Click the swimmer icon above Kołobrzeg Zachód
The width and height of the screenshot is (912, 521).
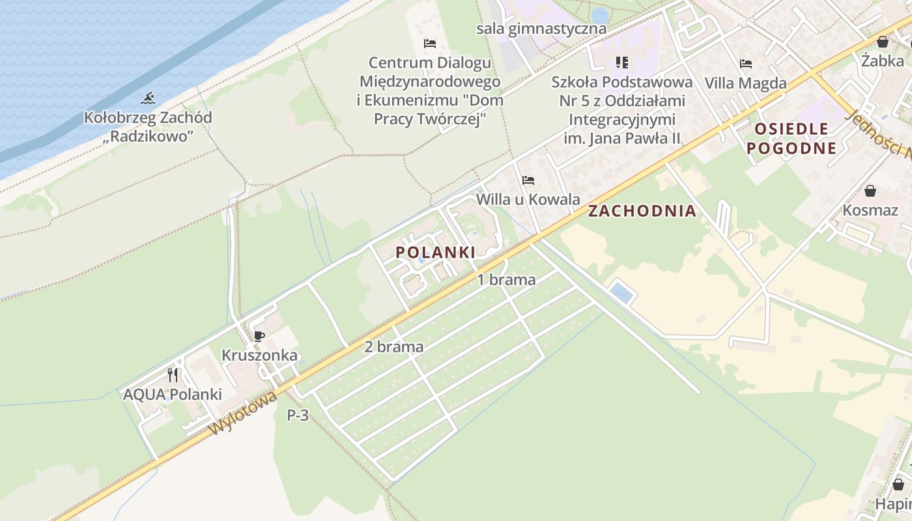(x=149, y=99)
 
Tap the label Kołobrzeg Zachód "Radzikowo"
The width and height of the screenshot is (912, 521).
(x=148, y=127)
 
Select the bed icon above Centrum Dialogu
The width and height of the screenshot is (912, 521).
(x=430, y=44)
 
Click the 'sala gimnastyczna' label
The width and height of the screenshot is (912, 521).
(x=541, y=29)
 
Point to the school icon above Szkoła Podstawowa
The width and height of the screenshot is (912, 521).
(x=622, y=63)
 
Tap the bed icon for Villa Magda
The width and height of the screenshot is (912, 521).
(x=746, y=64)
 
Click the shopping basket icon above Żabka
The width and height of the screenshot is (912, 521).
(x=883, y=42)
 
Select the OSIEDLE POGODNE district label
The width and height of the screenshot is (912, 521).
(x=791, y=138)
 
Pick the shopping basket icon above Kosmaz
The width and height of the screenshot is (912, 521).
(x=870, y=191)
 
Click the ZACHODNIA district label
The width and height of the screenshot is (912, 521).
(x=642, y=211)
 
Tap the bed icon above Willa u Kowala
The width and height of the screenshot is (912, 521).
(x=528, y=180)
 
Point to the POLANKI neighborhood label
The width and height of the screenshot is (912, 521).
(x=435, y=252)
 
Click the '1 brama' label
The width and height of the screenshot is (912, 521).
(x=507, y=280)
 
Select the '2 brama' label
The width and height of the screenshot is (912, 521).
(x=393, y=347)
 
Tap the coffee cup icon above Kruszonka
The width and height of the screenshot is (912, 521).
(x=259, y=336)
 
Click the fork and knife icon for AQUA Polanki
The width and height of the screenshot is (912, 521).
(x=173, y=374)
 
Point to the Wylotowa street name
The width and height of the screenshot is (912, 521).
(x=243, y=412)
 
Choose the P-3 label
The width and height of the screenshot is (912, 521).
(x=298, y=415)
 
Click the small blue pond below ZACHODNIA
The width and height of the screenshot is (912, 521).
(x=621, y=292)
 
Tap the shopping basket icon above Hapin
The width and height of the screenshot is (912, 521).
(x=898, y=485)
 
